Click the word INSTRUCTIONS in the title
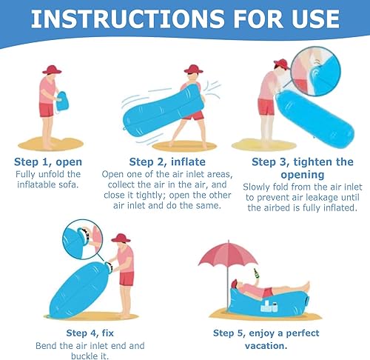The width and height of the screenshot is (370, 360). (x=128, y=19)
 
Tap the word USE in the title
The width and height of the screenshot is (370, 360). (x=315, y=19)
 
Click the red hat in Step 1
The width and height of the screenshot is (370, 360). (x=52, y=70)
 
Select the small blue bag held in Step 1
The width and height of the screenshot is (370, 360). (x=61, y=101)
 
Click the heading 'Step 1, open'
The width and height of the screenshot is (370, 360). (x=48, y=162)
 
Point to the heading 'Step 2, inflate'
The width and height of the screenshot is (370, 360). (x=167, y=162)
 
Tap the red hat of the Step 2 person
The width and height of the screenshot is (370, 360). (x=194, y=69)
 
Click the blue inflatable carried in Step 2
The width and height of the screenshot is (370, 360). (x=164, y=110)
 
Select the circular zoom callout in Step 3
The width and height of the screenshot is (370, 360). (x=316, y=71)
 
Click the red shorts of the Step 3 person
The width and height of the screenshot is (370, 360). (x=266, y=107)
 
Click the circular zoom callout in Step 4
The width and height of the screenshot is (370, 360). (x=83, y=239)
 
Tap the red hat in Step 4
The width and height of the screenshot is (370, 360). (x=121, y=238)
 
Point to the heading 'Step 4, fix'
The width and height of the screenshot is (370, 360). (x=90, y=333)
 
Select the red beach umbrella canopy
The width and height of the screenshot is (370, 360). (x=228, y=254)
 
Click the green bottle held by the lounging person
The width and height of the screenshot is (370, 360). (x=256, y=273)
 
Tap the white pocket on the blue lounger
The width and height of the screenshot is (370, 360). (x=269, y=306)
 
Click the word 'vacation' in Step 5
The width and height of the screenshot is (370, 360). (x=265, y=346)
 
